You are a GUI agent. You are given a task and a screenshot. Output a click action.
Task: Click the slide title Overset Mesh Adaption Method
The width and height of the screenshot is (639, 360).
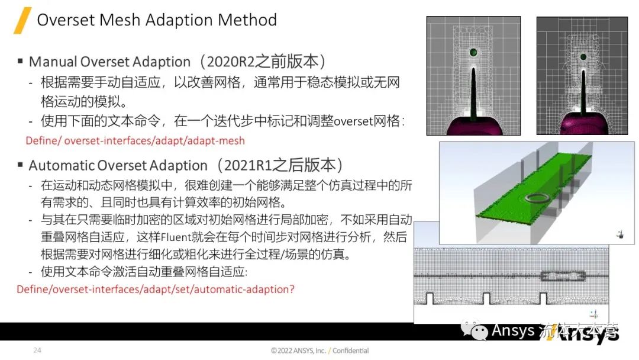(157, 20)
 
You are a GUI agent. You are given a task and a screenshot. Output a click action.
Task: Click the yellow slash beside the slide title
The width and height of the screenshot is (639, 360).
(22, 21)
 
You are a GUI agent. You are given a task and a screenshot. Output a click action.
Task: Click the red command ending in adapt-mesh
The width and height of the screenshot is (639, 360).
(135, 141)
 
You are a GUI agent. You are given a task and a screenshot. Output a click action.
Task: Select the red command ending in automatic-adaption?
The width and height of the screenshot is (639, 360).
(156, 290)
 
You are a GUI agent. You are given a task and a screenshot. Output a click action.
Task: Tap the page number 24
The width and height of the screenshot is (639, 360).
(37, 351)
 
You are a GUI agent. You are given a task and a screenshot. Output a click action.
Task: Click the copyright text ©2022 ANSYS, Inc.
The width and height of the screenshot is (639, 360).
(298, 351)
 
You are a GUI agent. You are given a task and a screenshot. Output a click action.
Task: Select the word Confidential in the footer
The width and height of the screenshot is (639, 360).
(350, 351)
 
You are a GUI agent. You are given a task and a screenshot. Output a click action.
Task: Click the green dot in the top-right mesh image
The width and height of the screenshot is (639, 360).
(583, 57)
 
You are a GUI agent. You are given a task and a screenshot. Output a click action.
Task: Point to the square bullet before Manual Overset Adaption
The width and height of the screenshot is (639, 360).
(20, 61)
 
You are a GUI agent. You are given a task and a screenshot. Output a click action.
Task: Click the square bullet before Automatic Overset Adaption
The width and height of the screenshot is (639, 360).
(20, 165)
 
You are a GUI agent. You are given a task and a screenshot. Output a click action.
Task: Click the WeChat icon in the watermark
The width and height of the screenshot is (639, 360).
(476, 330)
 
